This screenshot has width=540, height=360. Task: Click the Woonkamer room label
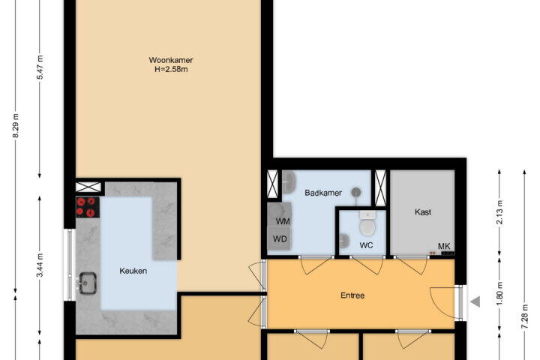click(x=170, y=60)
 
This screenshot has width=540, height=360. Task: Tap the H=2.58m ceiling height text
click(x=171, y=69)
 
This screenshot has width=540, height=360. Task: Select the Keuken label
click(x=133, y=271)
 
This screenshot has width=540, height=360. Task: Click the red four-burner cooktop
click(x=88, y=207)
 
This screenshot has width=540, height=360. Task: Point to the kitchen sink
click(x=88, y=283)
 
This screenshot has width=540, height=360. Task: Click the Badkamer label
click(x=323, y=193)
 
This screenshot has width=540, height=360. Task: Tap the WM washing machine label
click(x=283, y=221)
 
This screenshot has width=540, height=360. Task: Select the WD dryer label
click(x=280, y=238)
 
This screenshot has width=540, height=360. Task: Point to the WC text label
click(x=366, y=245)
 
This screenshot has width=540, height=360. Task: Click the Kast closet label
click(x=423, y=211)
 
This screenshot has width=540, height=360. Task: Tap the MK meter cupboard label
click(x=444, y=246)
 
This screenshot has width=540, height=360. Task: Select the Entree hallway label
click(x=352, y=295)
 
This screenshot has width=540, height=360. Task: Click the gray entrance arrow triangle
click(x=475, y=301)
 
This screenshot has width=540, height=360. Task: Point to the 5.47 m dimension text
click(x=40, y=67)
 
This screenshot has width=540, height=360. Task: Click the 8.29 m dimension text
click(x=16, y=126)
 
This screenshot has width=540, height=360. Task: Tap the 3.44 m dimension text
click(x=40, y=265)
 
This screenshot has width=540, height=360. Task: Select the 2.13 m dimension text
click(x=499, y=212)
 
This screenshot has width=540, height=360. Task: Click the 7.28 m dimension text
click(x=524, y=316)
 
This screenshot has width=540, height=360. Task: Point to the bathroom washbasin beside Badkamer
click(x=289, y=182)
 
